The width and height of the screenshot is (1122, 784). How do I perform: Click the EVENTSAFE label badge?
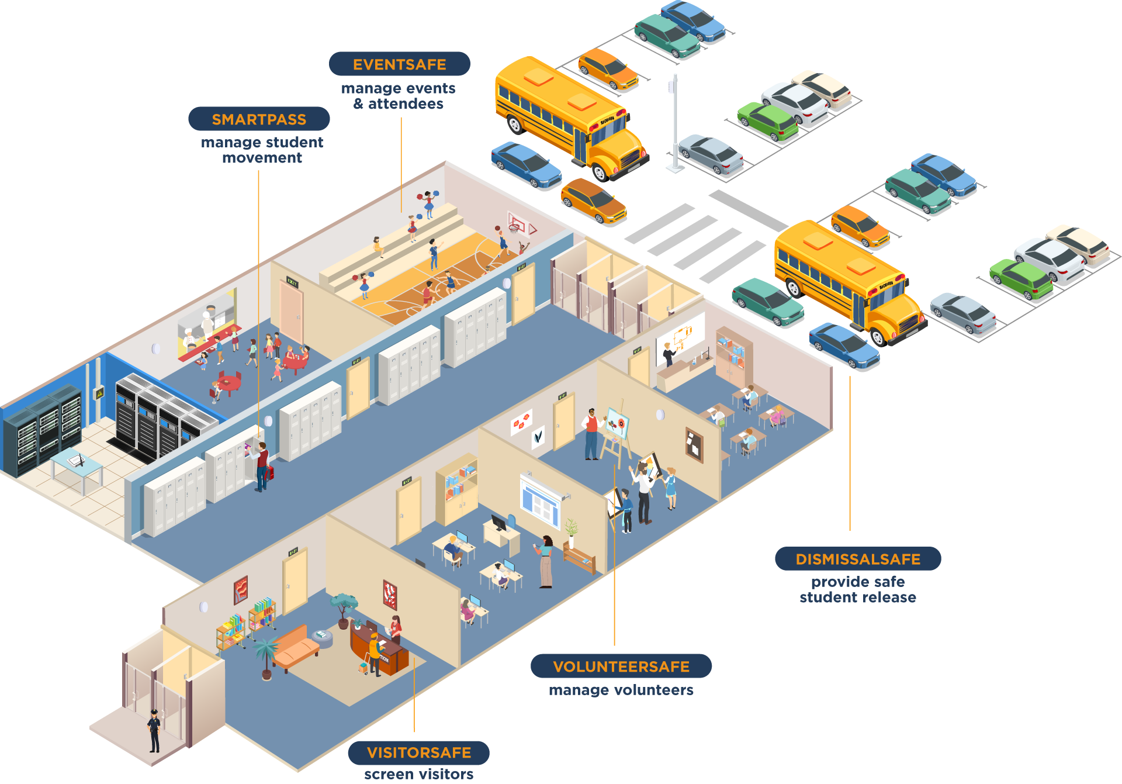(x=399, y=64)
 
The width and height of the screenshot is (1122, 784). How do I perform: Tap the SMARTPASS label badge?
(x=259, y=119)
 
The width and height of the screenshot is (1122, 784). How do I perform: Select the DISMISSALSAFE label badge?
(x=857, y=559)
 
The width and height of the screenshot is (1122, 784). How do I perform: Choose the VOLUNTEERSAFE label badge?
(x=621, y=666)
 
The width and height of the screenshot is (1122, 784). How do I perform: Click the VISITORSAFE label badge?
(x=418, y=752)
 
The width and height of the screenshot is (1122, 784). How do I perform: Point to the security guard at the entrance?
(x=154, y=730)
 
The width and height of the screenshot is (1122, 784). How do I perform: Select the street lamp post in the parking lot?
(x=675, y=123)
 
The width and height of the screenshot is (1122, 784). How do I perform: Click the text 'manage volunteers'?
(x=621, y=690)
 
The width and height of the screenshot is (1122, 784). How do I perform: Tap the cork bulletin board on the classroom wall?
(x=694, y=444)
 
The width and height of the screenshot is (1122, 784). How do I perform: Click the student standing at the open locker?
(x=262, y=465)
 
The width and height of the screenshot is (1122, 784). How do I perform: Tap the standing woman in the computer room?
(x=546, y=561)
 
